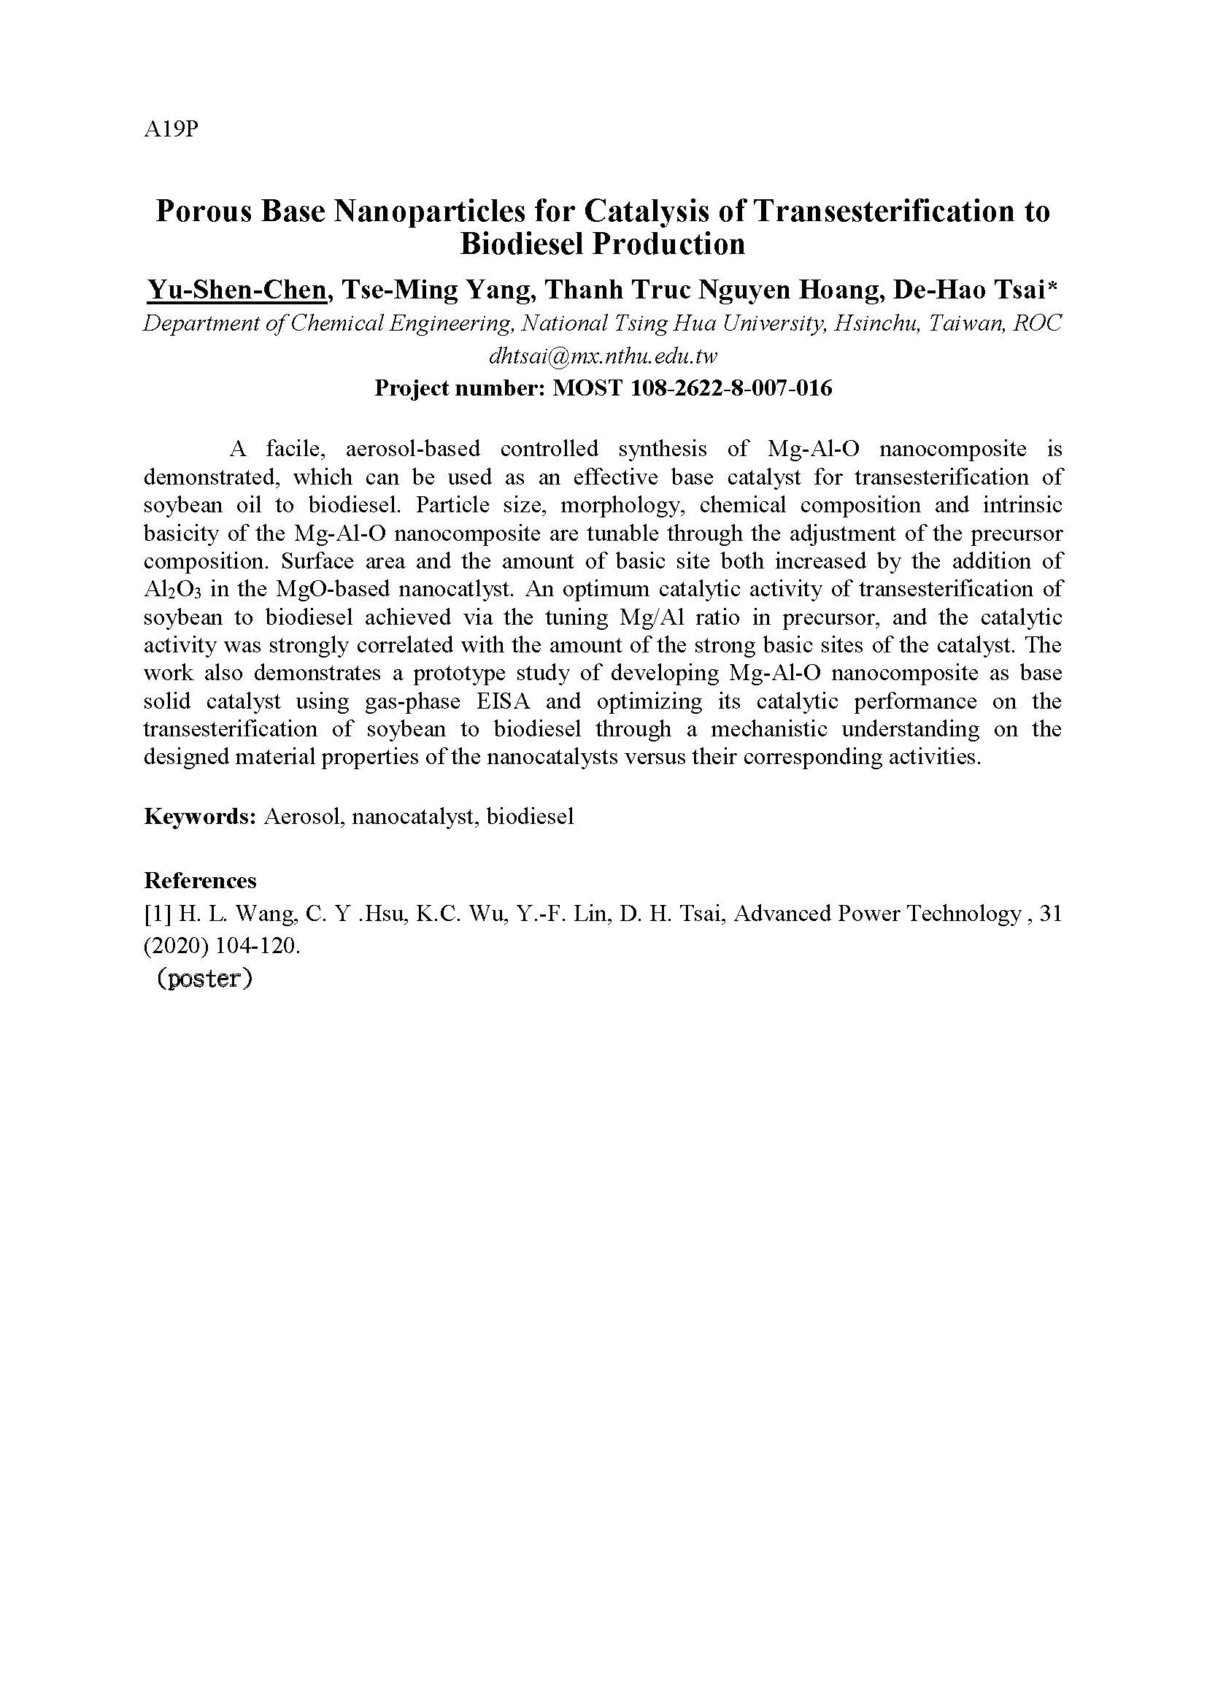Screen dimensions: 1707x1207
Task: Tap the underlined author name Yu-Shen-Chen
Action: pyautogui.click(x=236, y=290)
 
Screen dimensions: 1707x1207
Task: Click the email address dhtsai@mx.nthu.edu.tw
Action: pyautogui.click(x=603, y=356)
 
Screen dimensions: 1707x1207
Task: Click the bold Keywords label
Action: pyautogui.click(x=200, y=817)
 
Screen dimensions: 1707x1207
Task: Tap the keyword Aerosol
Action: pyautogui.click(x=304, y=817)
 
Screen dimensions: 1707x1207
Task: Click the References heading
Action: pyautogui.click(x=200, y=881)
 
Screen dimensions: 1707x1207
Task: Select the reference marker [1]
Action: pyautogui.click(x=158, y=914)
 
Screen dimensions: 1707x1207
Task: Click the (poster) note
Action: pyautogui.click(x=205, y=979)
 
